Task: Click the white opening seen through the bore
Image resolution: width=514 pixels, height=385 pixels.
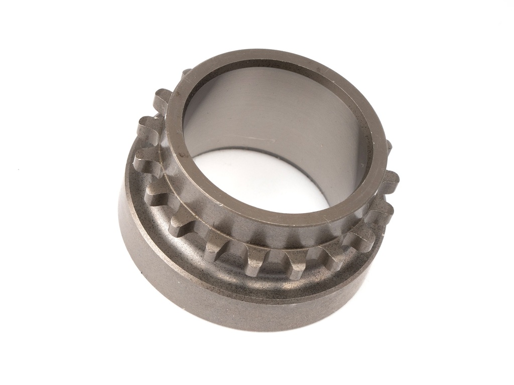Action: pos(261,180)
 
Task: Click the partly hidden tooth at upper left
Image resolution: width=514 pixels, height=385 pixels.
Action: pos(185,73)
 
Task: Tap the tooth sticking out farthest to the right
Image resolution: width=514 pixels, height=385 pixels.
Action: pos(392,178)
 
